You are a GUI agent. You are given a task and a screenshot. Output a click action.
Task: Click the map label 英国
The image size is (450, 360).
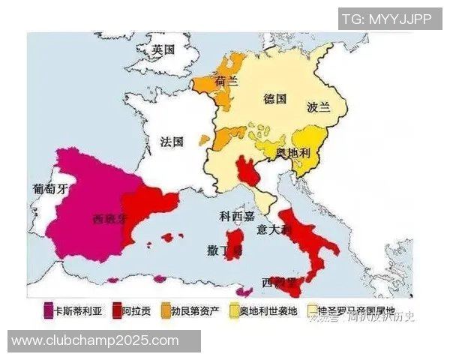163,50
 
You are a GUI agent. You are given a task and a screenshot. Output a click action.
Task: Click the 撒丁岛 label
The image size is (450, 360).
225,250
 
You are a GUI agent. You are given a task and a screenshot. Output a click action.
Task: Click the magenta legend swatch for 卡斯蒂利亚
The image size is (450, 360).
48,310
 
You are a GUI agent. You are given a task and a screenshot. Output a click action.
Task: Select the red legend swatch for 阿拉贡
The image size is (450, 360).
116,310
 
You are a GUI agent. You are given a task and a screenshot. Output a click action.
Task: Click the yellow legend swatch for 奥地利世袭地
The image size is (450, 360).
234,310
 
